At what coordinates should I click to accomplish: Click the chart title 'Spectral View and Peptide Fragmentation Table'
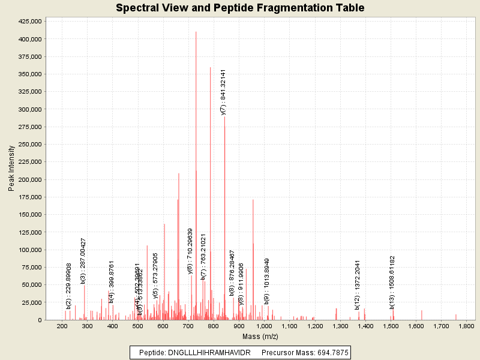[240, 8]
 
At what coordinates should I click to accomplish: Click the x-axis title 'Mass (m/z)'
[260, 337]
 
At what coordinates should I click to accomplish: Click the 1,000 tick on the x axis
[264, 326]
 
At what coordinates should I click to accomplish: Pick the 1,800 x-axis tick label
[466, 326]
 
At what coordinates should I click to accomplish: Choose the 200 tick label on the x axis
[62, 326]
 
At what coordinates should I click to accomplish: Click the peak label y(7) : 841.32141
[223, 92]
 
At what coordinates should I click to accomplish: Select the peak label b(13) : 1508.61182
[392, 278]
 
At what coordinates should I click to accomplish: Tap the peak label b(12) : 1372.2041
[358, 285]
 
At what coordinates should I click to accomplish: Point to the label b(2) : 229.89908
[69, 286]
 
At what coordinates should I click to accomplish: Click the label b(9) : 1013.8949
[267, 281]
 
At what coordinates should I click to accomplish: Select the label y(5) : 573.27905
[155, 275]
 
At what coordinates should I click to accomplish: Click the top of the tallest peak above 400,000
[196, 32]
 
